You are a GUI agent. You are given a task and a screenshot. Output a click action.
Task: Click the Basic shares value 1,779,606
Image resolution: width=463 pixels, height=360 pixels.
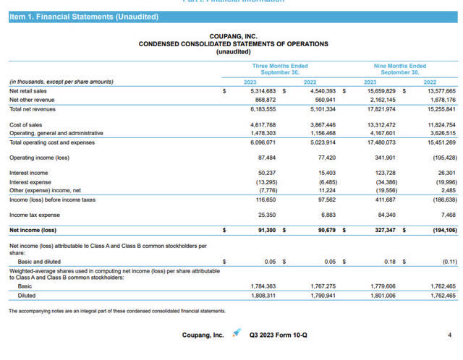point(385,286)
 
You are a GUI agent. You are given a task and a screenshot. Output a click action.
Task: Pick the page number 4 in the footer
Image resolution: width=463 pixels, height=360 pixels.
point(450,335)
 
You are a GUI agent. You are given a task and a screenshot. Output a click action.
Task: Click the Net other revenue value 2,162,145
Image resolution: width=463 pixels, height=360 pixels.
point(385,100)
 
